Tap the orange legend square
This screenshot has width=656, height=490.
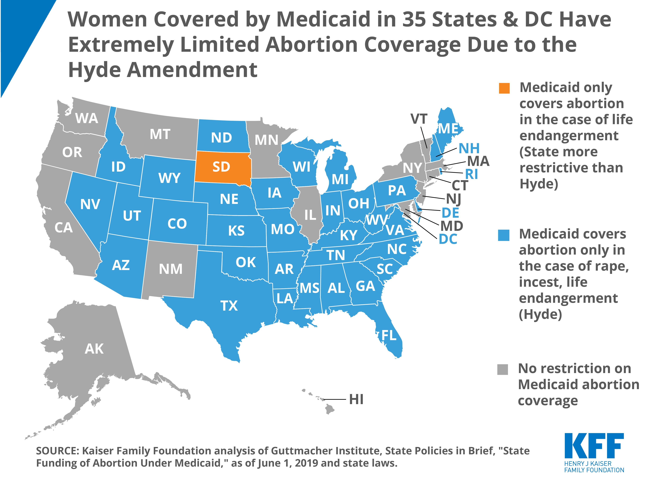point(504,88)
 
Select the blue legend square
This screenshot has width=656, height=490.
point(504,235)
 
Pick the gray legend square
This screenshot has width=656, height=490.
point(502,369)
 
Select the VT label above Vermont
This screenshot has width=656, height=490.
point(419,119)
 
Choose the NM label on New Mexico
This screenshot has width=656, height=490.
point(171,269)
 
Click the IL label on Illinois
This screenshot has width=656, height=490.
point(310,215)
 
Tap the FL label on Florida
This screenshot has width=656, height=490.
point(389,335)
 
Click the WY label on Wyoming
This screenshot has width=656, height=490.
point(169,178)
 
